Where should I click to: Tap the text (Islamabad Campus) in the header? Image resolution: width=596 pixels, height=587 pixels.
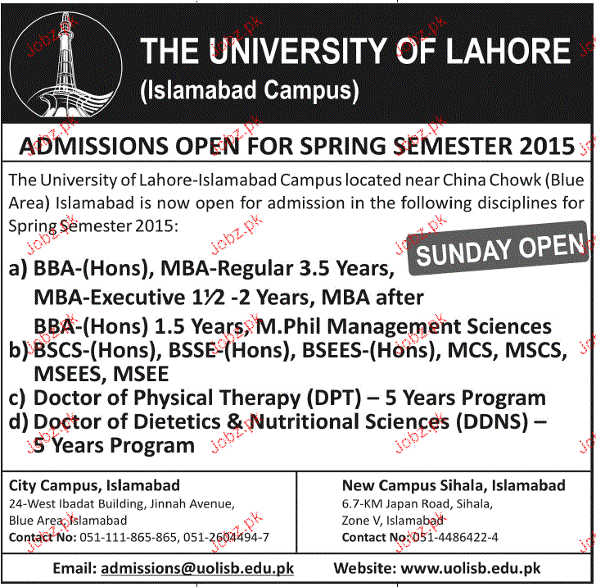pos(251,89)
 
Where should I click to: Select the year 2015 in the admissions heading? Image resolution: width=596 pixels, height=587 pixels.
pos(547,147)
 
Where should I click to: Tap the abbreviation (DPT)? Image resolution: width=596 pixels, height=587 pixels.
pos(333,399)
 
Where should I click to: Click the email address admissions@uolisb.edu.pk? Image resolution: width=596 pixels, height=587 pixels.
pos(196,567)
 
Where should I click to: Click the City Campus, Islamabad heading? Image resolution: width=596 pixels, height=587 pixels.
pos(94,485)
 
